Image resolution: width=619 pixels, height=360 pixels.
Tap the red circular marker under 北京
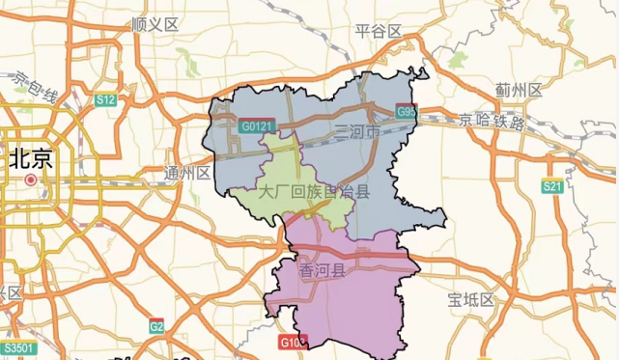point(31,180)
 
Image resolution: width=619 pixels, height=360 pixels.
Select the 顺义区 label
point(155,23)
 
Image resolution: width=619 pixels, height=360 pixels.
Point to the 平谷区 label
point(378,31)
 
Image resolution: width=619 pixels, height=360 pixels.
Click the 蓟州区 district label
point(519,89)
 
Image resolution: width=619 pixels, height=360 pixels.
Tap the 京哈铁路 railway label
point(492,123)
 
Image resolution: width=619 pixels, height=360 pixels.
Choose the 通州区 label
point(187,174)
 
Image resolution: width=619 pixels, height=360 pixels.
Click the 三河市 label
point(356,131)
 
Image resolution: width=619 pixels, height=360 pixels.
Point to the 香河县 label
point(323,269)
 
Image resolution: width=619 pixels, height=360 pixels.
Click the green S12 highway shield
point(105,99)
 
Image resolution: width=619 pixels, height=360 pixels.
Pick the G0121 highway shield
point(258,125)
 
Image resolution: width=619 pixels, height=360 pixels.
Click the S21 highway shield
point(551,186)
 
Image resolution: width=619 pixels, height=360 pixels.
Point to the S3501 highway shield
point(18,347)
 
